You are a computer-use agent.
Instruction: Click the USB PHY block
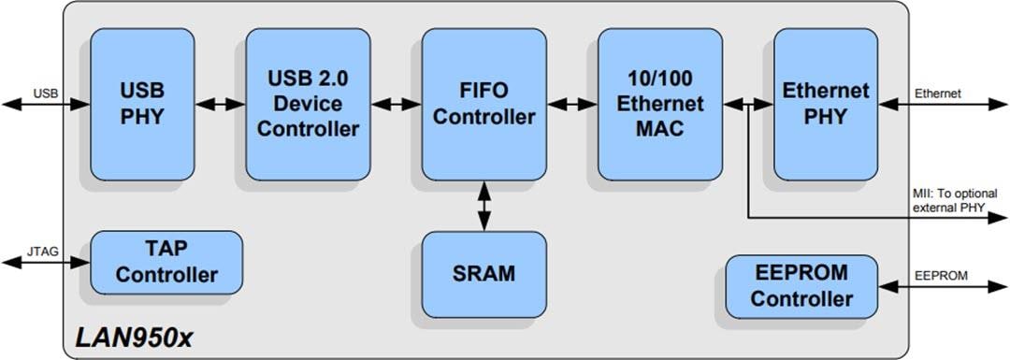pyautogui.click(x=142, y=104)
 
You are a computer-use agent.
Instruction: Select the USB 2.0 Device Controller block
pyautogui.click(x=308, y=104)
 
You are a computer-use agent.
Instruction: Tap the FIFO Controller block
pyautogui.click(x=483, y=104)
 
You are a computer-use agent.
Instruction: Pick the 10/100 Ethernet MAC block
pyautogui.click(x=660, y=104)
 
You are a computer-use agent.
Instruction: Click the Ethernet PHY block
pyautogui.click(x=825, y=104)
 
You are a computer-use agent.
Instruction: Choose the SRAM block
pyautogui.click(x=483, y=274)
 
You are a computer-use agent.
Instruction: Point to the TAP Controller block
pyautogui.click(x=166, y=263)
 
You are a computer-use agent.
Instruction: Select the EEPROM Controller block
pyautogui.click(x=801, y=286)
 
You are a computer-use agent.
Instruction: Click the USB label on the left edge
pyautogui.click(x=46, y=94)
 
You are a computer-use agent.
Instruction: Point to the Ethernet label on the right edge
pyautogui.click(x=938, y=94)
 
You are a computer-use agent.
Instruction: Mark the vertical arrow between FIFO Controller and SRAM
pyautogui.click(x=483, y=206)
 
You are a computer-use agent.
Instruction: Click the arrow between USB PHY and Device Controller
pyautogui.click(x=220, y=105)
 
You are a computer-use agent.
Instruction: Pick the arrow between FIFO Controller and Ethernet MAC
pyautogui.click(x=571, y=105)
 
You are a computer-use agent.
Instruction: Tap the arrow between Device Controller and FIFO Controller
pyautogui.click(x=396, y=105)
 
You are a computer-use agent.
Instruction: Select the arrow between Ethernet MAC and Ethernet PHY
pyautogui.click(x=748, y=105)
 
